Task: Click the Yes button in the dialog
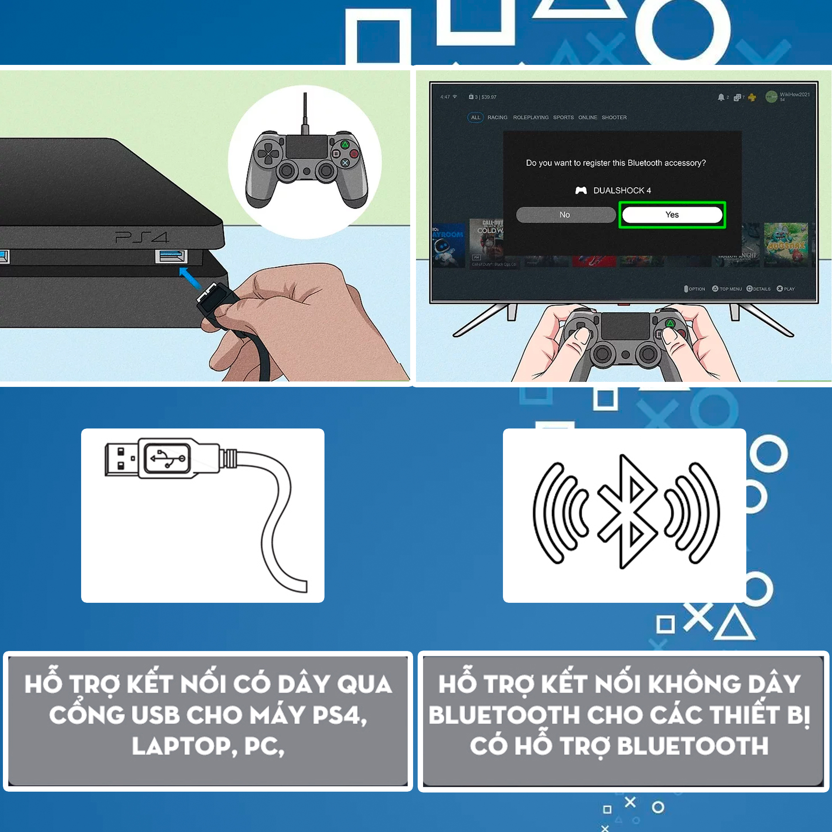pos(672,215)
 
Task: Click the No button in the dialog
pos(565,215)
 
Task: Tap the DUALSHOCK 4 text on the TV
pos(622,191)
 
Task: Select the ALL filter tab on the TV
pos(475,118)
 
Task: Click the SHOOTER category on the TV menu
pos(614,118)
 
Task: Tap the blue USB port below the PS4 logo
pos(171,256)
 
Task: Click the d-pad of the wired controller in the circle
pos(268,154)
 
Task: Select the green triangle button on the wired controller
pos(345,145)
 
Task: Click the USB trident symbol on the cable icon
pos(168,458)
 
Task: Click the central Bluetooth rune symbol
pos(627,512)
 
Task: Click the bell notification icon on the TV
pos(721,97)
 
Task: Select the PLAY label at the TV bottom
pos(789,289)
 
